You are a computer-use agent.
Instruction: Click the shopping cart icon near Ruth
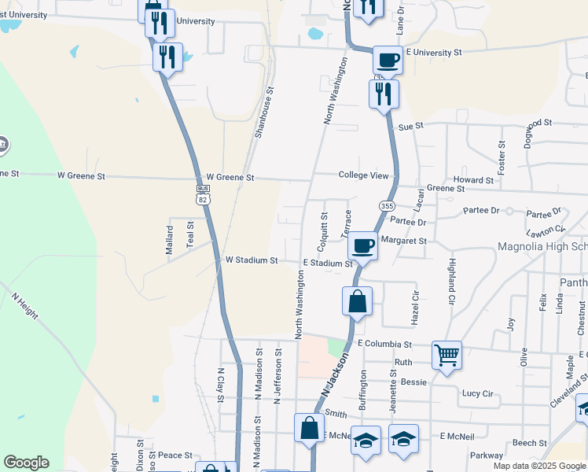click(x=447, y=355)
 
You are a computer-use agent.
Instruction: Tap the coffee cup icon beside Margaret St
click(x=362, y=245)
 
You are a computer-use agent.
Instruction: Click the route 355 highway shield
click(x=386, y=205)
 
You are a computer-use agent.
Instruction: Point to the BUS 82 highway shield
click(x=203, y=194)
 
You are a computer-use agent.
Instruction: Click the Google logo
click(x=26, y=463)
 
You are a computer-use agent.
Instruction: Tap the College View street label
click(x=363, y=175)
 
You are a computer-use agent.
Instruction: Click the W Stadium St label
click(x=252, y=260)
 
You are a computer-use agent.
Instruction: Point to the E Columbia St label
click(x=384, y=344)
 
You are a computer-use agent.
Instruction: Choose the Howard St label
click(x=472, y=180)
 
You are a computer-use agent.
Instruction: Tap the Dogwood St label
click(x=527, y=124)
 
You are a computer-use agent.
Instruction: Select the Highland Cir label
click(x=451, y=282)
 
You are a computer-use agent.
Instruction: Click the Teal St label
click(x=189, y=234)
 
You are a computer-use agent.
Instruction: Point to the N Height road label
click(x=24, y=305)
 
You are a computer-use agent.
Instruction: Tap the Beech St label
click(x=529, y=443)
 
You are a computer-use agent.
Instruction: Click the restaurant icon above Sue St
click(x=384, y=94)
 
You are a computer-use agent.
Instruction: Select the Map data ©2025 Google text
click(x=539, y=466)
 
